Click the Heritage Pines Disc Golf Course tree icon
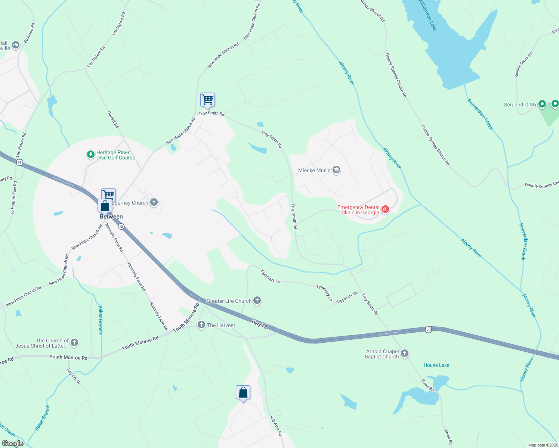point(90,154)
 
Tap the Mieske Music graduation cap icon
point(336,170)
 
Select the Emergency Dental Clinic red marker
point(385,209)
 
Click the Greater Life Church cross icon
point(257,301)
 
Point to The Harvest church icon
point(201,325)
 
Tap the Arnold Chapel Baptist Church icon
point(404,353)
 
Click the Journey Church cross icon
point(154,202)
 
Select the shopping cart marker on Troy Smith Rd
point(207,100)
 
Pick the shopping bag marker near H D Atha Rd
point(243,393)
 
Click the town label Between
point(111,217)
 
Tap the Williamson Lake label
point(427,15)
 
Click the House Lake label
point(436,365)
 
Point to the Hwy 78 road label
point(259,324)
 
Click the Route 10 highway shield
point(121,227)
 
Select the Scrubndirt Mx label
point(520,105)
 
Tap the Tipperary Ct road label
point(347,298)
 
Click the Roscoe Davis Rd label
point(523,65)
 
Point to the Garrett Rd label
point(113,119)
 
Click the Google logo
point(12,444)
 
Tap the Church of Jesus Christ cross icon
point(74,342)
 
